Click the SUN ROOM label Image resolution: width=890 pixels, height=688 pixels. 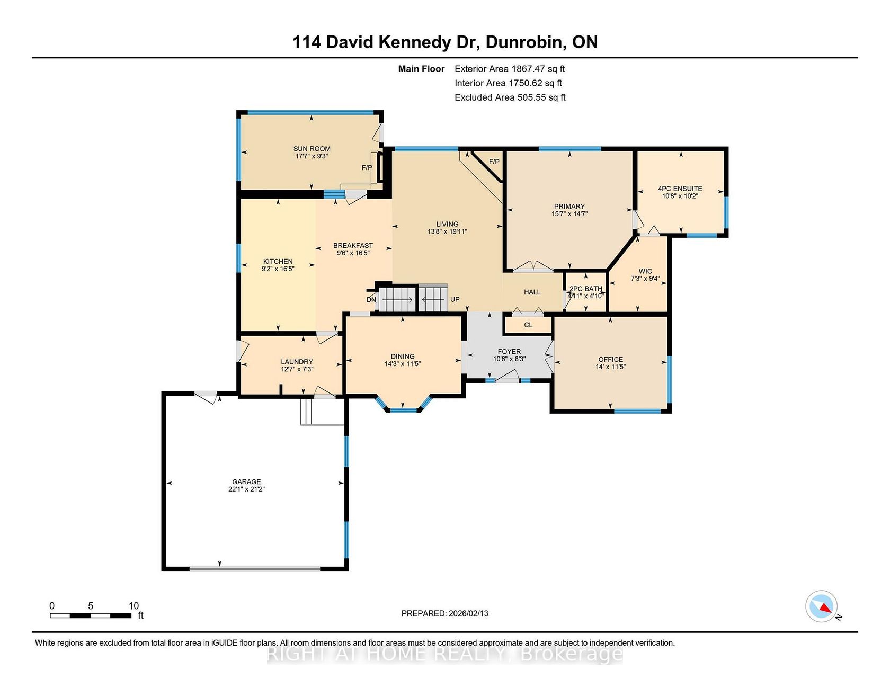point(312,149)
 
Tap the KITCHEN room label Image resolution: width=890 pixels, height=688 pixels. point(278,261)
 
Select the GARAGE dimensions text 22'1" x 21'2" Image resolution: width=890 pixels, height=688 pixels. point(246,489)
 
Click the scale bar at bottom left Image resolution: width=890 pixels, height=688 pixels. point(91,615)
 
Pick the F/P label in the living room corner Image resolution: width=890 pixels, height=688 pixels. point(494,162)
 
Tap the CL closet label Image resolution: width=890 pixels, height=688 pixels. point(528,325)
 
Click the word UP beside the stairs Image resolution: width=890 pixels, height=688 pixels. point(455,299)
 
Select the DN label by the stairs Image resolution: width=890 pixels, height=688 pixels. point(371,300)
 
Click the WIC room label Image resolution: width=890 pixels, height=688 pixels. point(645,271)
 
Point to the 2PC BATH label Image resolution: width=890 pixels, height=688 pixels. point(586,289)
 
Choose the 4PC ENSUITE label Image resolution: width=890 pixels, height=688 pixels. point(680,189)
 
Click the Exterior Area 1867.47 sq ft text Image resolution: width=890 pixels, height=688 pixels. point(510,69)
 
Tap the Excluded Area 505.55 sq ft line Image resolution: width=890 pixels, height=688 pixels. point(510,97)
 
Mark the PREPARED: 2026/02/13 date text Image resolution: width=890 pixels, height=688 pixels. point(445,613)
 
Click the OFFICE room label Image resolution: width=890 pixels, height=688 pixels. point(611,359)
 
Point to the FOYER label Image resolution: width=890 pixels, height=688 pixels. point(509,352)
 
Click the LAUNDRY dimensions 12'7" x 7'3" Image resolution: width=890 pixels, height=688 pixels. point(297,369)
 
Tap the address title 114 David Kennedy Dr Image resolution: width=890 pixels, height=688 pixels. point(385,42)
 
